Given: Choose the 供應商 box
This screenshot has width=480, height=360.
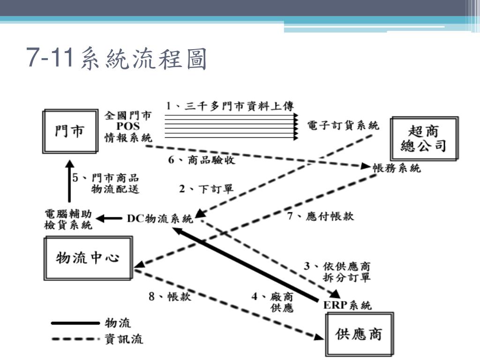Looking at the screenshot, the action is coord(359,334).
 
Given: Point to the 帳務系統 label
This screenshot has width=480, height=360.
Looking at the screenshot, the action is coord(397,168).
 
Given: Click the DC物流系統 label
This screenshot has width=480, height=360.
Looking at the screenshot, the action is coord(159,218).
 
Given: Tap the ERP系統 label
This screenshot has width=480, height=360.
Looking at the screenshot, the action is coord(348,306).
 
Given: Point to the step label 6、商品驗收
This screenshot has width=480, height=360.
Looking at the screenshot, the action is coord(202,159).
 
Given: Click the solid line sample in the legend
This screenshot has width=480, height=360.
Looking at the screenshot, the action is coord(75,323).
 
